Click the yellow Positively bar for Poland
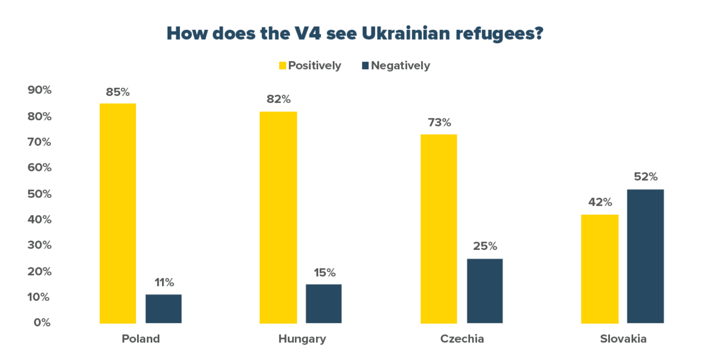(x=118, y=213)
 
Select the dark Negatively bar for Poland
(x=163, y=309)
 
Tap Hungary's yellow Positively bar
(x=278, y=217)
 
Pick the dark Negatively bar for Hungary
(x=324, y=304)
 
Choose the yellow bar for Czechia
(x=439, y=229)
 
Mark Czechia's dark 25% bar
(x=485, y=291)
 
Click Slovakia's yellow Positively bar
(x=599, y=269)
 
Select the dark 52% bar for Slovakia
(x=645, y=256)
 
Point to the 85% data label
(x=118, y=92)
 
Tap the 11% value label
(x=164, y=283)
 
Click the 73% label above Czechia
(x=439, y=122)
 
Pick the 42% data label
(x=600, y=202)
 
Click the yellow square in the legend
(x=283, y=66)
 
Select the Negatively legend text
(x=401, y=66)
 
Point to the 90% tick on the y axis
(x=40, y=90)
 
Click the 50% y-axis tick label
(x=40, y=194)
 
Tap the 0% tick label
(x=42, y=323)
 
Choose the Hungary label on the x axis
(x=302, y=339)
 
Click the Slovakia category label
(x=623, y=339)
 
